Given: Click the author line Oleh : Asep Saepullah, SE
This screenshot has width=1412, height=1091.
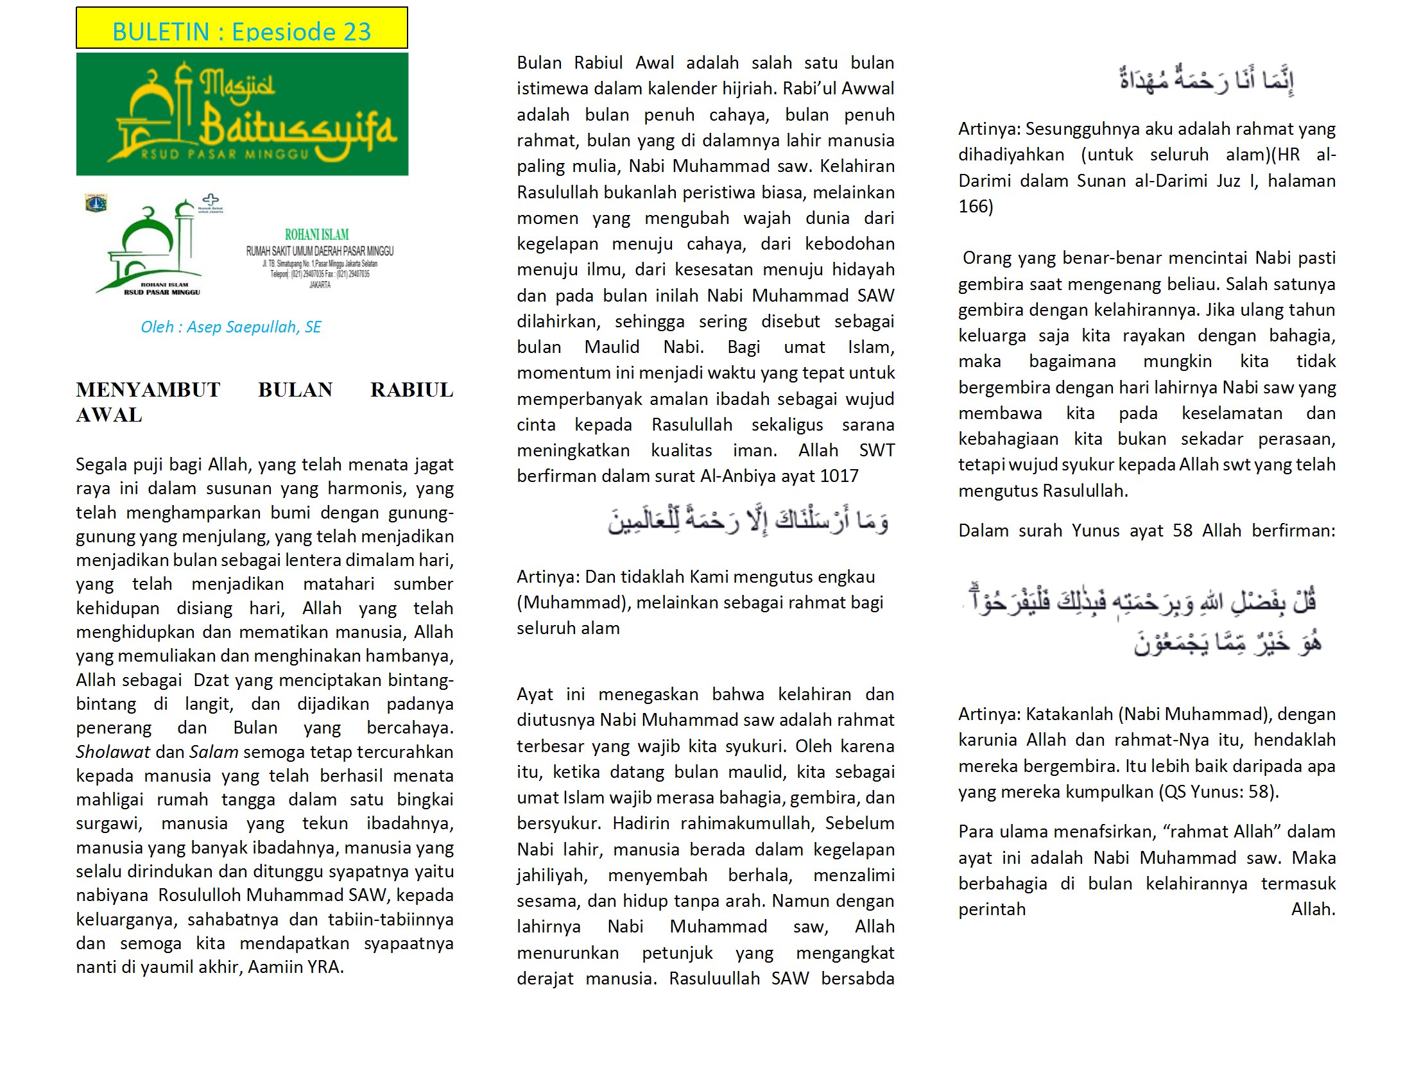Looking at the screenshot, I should [231, 327].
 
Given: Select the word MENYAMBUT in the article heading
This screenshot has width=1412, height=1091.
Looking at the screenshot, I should [148, 390].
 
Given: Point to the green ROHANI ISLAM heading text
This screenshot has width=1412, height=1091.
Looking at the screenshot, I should [317, 235].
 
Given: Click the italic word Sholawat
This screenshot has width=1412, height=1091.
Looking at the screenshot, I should [112, 752].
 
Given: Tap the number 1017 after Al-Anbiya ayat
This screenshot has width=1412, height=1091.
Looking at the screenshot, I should [839, 476].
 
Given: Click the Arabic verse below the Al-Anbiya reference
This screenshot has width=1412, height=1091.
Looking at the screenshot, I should [747, 521].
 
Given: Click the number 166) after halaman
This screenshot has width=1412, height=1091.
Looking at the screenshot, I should [976, 207].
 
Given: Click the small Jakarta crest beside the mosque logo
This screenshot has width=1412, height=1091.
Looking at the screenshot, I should [96, 203].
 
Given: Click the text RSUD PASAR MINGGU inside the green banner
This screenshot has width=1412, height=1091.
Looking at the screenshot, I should [225, 155].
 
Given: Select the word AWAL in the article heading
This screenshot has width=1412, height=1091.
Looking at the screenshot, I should [108, 415].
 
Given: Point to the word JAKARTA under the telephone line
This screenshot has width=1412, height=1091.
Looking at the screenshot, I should [320, 284].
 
